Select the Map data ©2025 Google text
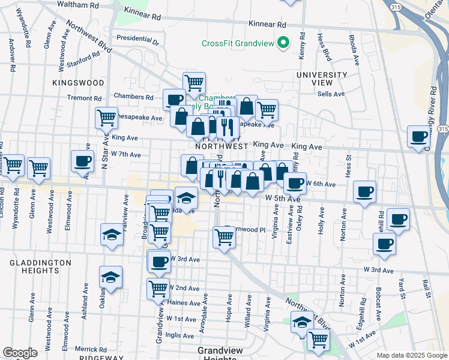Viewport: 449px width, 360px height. (x=411, y=355)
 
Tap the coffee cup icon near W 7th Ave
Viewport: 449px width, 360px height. (x=82, y=160)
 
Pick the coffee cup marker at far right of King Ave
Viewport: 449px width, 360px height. (x=418, y=136)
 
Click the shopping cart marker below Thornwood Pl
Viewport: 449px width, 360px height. (x=224, y=237)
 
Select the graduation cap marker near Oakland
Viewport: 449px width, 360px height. (x=111, y=277)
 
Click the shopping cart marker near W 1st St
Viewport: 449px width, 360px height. (x=318, y=340)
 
